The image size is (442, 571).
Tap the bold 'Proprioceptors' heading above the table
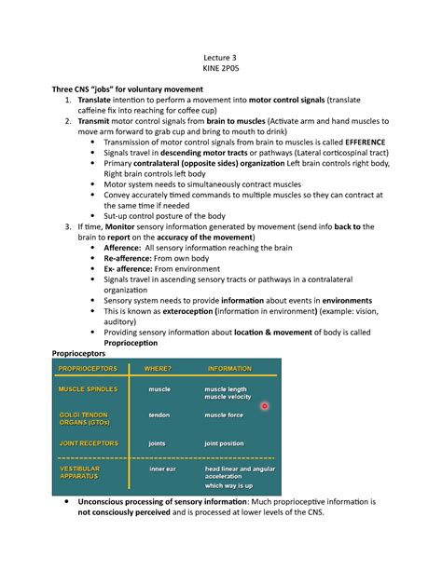81,354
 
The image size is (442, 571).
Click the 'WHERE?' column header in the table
158,369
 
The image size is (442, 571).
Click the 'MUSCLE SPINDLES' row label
89,388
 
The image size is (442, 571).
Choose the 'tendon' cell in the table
159,415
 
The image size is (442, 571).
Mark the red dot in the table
265,406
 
